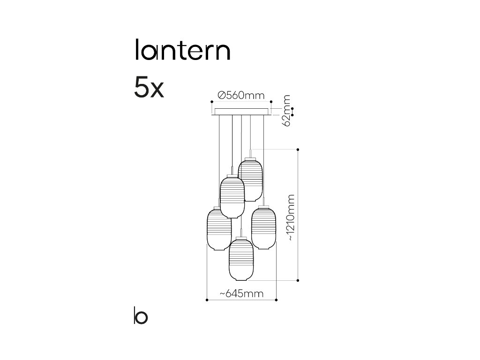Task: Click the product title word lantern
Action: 182,51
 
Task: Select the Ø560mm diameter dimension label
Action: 241,96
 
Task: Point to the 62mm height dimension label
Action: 286,110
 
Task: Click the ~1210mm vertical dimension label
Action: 292,217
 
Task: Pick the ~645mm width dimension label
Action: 241,294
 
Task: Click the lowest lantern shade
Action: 241,259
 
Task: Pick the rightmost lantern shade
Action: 263,227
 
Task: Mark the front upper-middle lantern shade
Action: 232,197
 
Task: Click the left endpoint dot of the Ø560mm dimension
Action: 212,101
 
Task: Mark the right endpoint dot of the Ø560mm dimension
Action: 271,101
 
